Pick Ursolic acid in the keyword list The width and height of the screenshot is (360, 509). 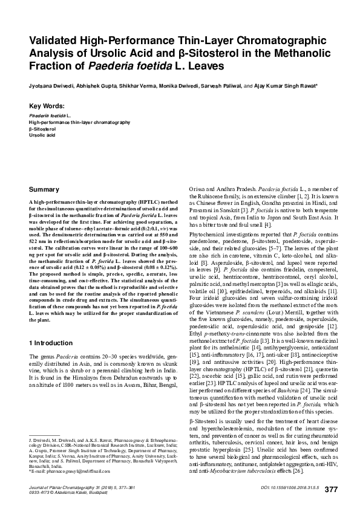[x=41, y=136]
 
